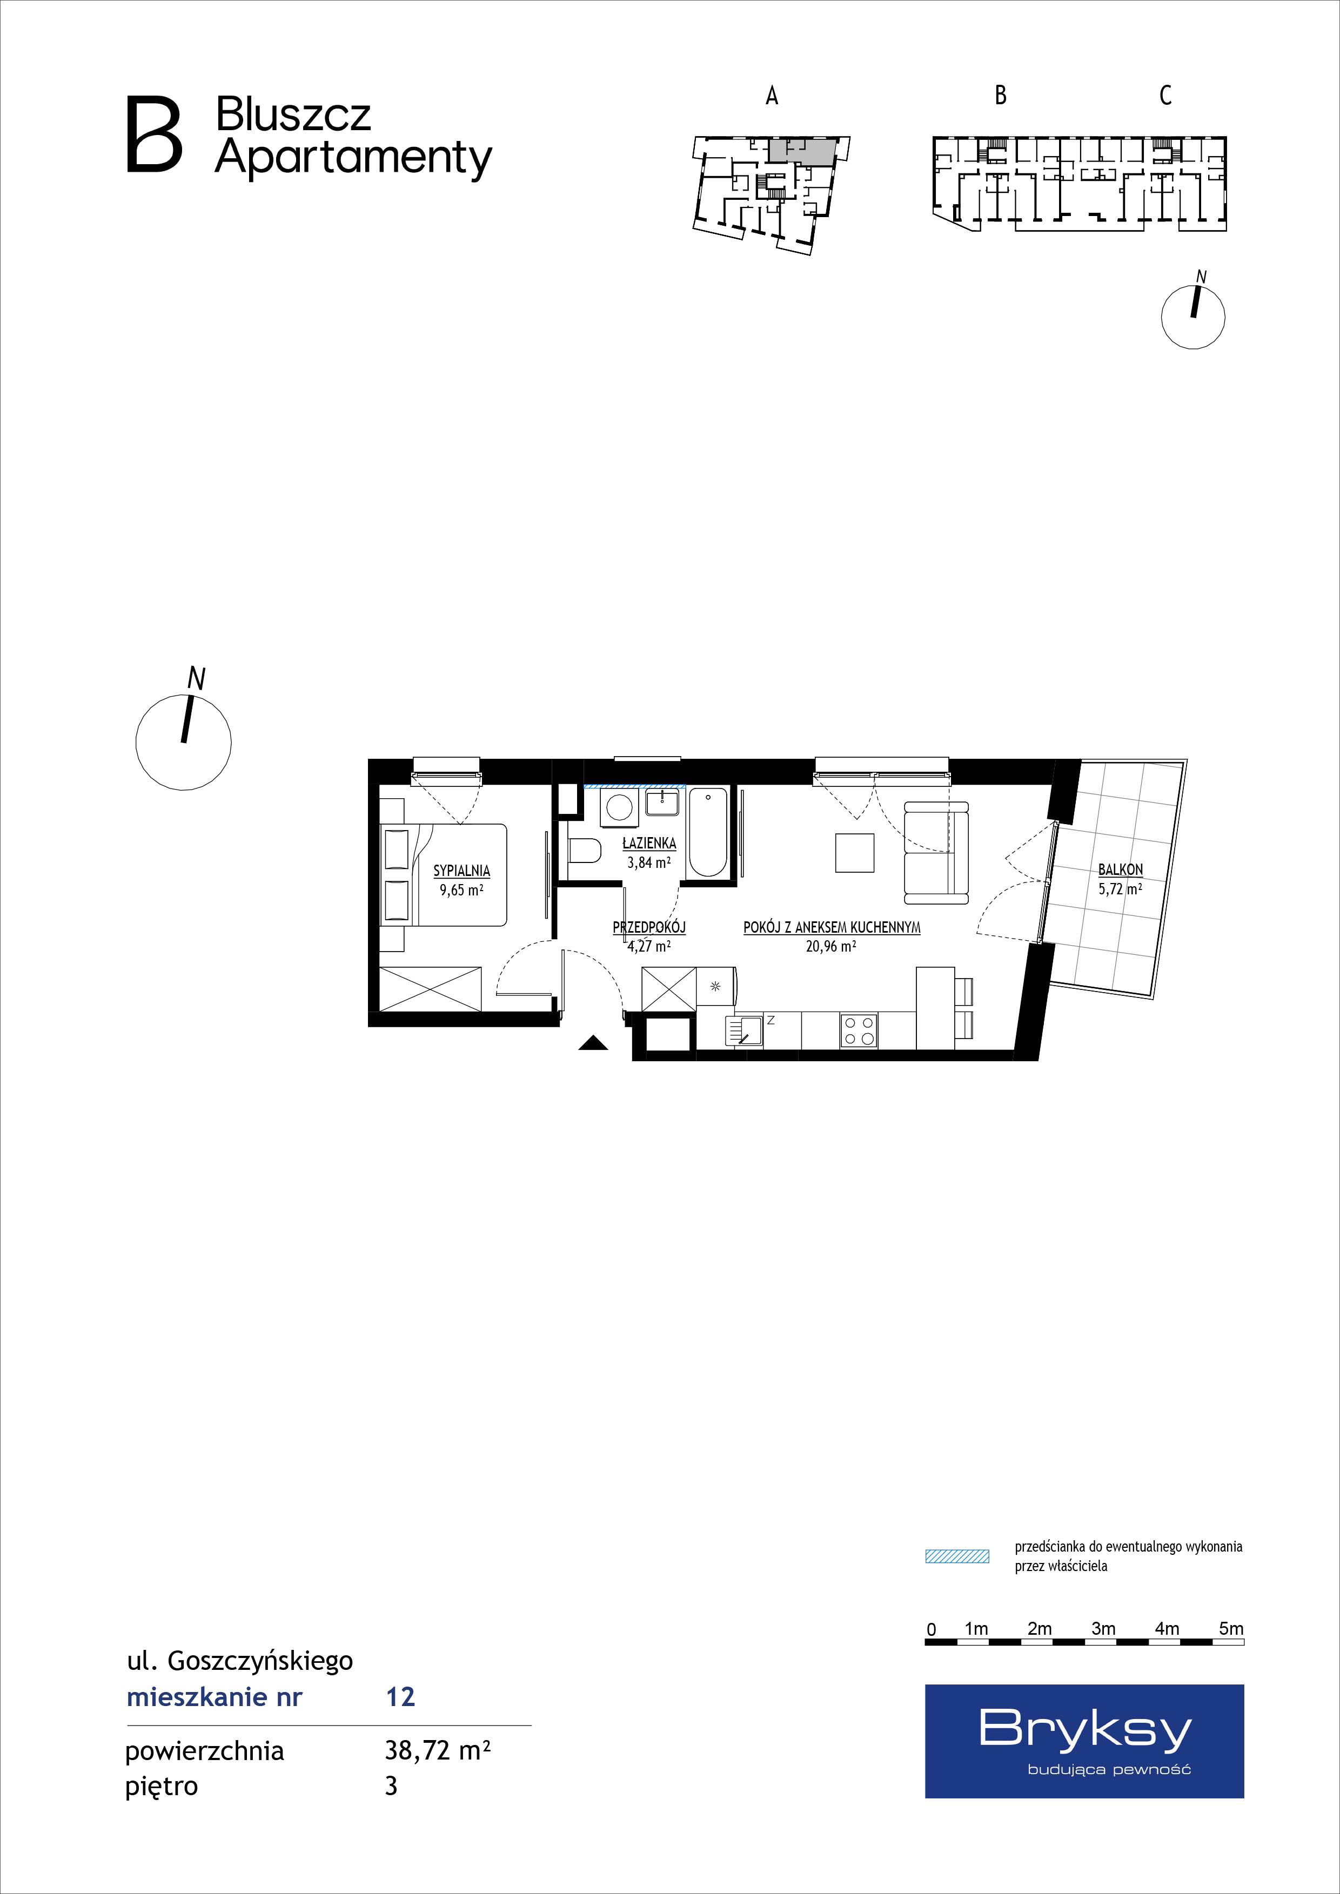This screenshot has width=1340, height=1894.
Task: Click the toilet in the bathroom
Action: pyautogui.click(x=584, y=851)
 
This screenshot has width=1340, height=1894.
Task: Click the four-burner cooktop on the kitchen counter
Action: pyautogui.click(x=859, y=1030)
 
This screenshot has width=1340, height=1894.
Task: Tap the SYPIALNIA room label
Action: pyautogui.click(x=462, y=870)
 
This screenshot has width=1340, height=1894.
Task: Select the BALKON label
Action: pyautogui.click(x=1121, y=870)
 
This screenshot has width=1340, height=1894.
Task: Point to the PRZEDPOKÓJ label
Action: pyautogui.click(x=649, y=927)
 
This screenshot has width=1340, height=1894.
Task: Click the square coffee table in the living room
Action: pyautogui.click(x=855, y=852)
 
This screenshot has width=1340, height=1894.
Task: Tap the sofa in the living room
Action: pyautogui.click(x=936, y=851)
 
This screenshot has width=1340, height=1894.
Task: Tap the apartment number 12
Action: pyautogui.click(x=400, y=1697)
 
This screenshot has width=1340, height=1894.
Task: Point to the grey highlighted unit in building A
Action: pyautogui.click(x=801, y=149)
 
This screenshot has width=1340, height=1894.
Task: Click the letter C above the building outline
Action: pyautogui.click(x=1165, y=96)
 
